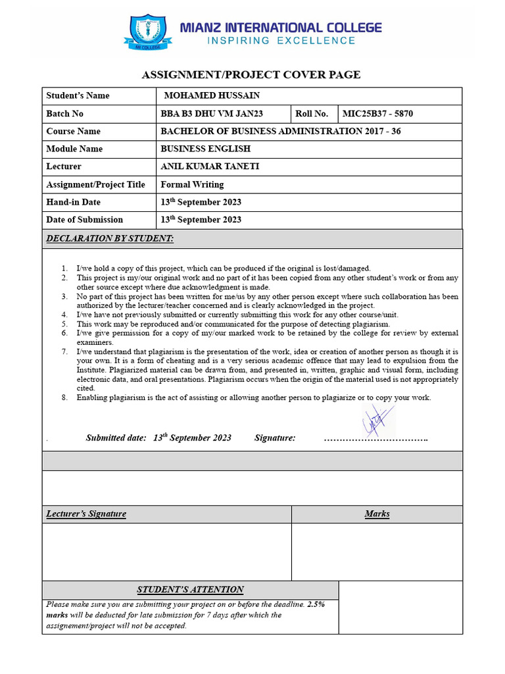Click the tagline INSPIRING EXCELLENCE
click(x=281, y=41)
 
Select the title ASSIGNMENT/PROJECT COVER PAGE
click(x=251, y=74)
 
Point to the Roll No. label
click(x=312, y=114)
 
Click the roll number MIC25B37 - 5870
click(x=378, y=114)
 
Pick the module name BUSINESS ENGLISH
click(x=205, y=149)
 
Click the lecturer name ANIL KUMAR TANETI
click(x=210, y=167)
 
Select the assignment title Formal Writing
click(x=192, y=184)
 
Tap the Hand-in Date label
click(x=73, y=202)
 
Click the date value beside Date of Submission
click(x=201, y=220)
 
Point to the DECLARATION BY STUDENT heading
click(x=110, y=238)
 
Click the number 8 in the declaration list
click(x=64, y=398)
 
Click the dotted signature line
click(x=376, y=438)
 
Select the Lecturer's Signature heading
click(x=86, y=513)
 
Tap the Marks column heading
click(x=377, y=513)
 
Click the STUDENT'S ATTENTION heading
click(x=190, y=590)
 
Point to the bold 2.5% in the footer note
click(x=316, y=604)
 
